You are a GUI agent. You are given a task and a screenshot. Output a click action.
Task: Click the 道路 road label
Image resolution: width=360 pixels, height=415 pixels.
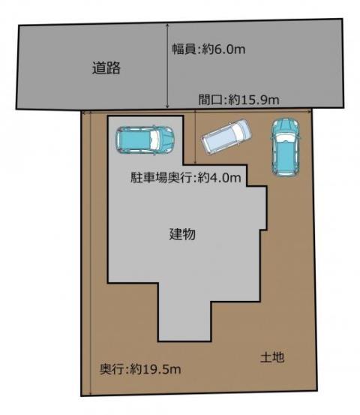click(x=106, y=68)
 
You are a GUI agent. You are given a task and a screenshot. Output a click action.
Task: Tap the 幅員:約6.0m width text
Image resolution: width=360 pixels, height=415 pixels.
click(x=208, y=50)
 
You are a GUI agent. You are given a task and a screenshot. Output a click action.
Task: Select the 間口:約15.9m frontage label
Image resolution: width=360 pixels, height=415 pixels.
click(x=238, y=100)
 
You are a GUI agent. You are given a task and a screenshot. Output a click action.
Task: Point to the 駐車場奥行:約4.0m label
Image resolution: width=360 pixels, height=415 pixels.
click(x=186, y=178)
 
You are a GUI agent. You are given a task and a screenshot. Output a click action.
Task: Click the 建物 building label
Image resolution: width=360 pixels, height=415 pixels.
click(x=182, y=234)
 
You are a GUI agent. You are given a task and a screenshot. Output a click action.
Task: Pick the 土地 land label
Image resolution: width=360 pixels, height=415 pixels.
click(x=272, y=357)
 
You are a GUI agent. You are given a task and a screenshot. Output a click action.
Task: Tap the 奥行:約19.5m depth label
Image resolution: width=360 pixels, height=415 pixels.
click(x=140, y=369)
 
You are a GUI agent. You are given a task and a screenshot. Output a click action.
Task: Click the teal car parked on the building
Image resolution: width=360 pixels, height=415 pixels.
click(x=145, y=140)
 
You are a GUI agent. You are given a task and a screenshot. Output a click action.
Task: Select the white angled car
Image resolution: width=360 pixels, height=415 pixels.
click(x=226, y=137)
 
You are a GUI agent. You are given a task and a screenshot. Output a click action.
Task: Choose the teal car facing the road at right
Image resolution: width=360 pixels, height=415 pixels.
click(x=286, y=147)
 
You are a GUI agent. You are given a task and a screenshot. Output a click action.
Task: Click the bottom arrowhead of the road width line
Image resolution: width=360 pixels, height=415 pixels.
click(x=167, y=107)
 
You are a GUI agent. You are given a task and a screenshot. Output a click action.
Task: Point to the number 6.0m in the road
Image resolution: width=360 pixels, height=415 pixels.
click(x=229, y=50)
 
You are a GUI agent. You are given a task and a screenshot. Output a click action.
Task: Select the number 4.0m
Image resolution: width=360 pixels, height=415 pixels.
click(x=225, y=178)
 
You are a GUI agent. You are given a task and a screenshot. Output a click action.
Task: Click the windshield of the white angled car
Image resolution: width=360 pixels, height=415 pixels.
click(x=239, y=130)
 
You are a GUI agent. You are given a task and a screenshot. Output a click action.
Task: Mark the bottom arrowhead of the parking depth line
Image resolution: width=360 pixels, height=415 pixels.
click(x=195, y=163)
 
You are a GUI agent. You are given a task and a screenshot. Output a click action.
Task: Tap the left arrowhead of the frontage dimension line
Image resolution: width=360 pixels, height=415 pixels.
click(x=83, y=113)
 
